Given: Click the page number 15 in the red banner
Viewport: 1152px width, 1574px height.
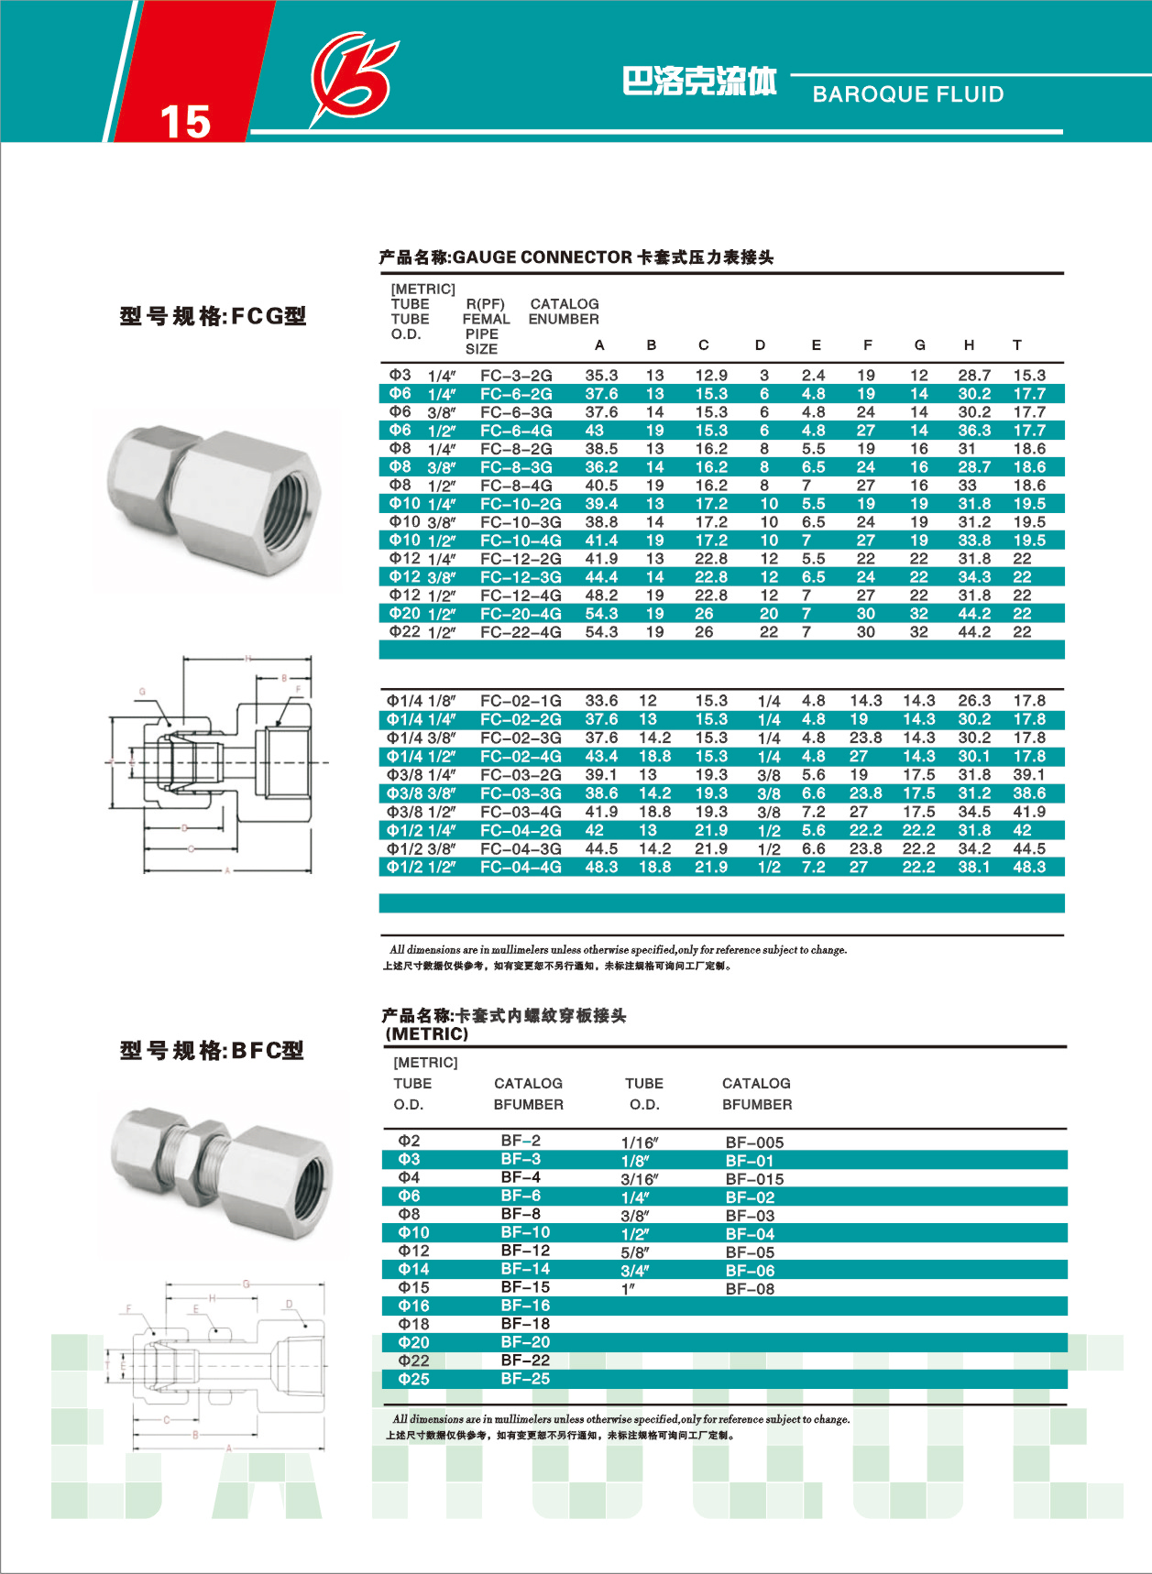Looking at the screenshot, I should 185,121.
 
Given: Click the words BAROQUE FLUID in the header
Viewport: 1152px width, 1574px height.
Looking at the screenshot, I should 907,94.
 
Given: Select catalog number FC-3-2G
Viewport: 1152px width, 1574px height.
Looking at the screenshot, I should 516,376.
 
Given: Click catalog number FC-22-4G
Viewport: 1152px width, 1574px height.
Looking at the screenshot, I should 521,632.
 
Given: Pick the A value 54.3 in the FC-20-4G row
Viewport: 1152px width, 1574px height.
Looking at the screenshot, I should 601,614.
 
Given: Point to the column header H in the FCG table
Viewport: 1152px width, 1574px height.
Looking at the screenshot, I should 969,345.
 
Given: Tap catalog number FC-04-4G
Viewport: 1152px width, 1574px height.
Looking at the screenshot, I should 521,867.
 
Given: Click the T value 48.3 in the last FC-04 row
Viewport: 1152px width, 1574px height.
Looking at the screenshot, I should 1029,867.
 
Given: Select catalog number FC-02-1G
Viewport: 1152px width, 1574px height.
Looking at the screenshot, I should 521,701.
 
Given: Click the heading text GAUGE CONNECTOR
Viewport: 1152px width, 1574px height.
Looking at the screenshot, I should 543,257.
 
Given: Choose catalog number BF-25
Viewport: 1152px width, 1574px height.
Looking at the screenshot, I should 525,1379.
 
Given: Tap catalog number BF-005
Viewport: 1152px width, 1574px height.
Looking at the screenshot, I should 754,1142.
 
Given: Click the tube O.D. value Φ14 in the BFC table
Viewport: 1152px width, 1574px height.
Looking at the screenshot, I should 413,1269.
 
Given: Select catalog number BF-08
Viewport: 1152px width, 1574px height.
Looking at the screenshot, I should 750,1289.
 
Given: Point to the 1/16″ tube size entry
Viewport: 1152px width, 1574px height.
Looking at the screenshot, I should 640,1142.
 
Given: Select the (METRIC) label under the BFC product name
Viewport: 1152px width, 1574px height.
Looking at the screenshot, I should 427,1034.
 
